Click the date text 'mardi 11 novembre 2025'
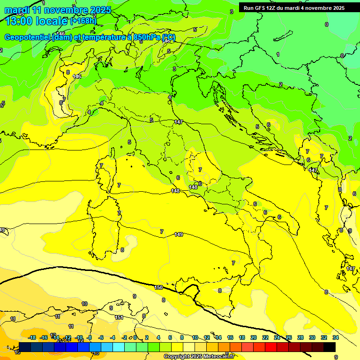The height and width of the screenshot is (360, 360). tap(58, 10)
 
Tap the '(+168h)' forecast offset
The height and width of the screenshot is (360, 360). tap(83, 21)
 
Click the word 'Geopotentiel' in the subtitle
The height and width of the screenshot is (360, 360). tap(27, 37)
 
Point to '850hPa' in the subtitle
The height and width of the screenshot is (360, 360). tap(148, 37)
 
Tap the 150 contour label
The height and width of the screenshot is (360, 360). tap(158, 287)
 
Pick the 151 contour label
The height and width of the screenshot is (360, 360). tap(119, 317)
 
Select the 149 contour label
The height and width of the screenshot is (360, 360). tap(179, 234)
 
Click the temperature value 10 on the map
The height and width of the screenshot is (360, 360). tap(84, 304)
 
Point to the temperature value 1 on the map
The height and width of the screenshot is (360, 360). tap(277, 54)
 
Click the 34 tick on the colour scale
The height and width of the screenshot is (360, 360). tap(336, 337)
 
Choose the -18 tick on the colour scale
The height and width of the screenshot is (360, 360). tap(32, 337)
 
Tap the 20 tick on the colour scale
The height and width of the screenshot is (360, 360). tap(253, 337)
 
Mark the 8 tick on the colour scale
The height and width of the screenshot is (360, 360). tap(182, 337)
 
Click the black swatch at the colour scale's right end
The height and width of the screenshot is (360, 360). tap(330, 347)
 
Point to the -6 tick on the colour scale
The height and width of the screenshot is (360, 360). tap(101, 337)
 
